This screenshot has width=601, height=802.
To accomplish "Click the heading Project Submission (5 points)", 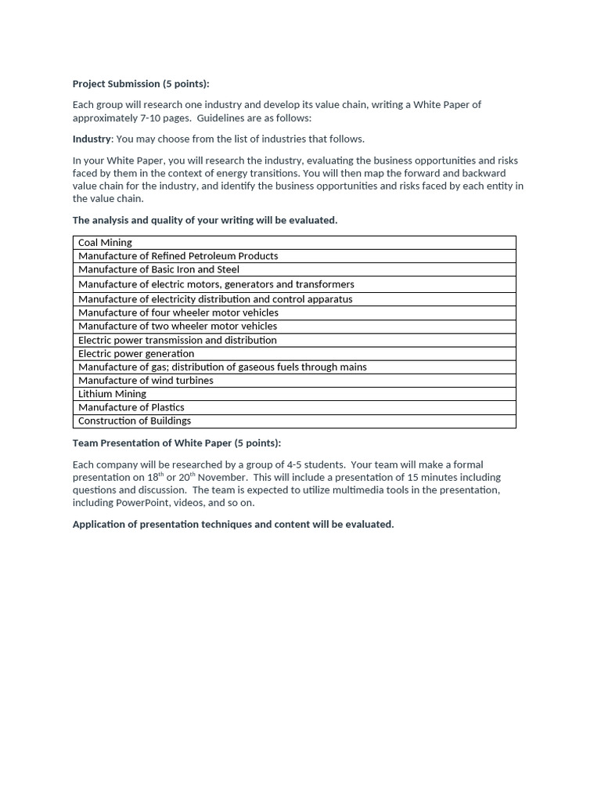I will pyautogui.click(x=141, y=84).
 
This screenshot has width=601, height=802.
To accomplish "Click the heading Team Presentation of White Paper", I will pyautogui.click(x=176, y=443).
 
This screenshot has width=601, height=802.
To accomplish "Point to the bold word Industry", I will pyautogui.click(x=92, y=139).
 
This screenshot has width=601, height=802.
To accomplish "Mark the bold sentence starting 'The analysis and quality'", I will pyautogui.click(x=205, y=220).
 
